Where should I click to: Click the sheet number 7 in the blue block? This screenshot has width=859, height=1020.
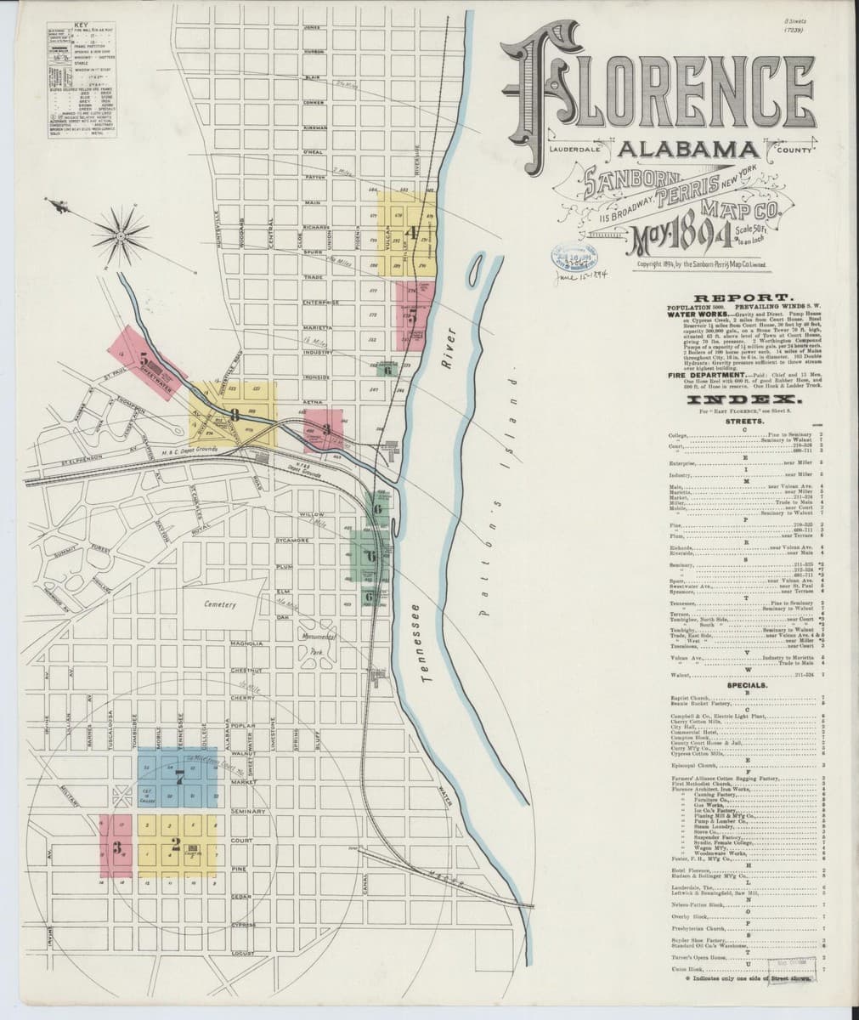(178, 776)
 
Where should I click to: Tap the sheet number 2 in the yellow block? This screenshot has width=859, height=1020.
(176, 844)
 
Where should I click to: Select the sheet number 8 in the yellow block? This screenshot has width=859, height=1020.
(235, 416)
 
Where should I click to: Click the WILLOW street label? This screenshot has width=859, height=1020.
(313, 515)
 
